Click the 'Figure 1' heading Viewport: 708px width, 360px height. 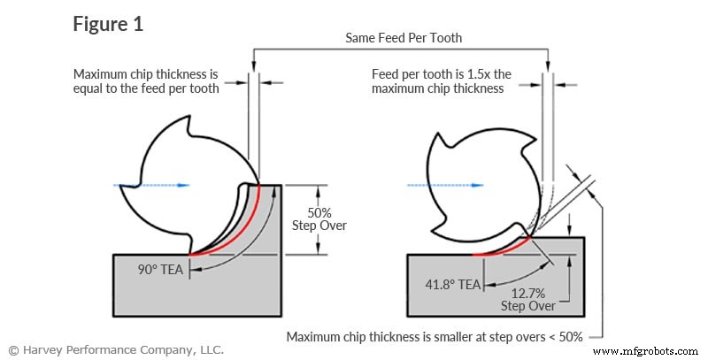pyautogui.click(x=107, y=24)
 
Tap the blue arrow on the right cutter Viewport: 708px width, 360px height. pyautogui.click(x=444, y=185)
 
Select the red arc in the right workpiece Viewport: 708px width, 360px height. pyautogui.click(x=500, y=249)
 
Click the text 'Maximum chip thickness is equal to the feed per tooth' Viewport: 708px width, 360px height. pyautogui.click(x=146, y=81)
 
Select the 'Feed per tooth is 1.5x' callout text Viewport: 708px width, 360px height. pyautogui.click(x=440, y=81)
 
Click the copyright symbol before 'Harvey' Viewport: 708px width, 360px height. pyautogui.click(x=13, y=349)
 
